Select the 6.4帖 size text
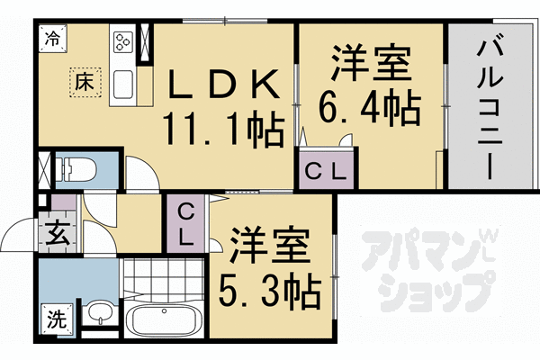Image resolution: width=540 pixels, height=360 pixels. tap(371, 108)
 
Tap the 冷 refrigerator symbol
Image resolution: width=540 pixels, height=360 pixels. tap(53, 39)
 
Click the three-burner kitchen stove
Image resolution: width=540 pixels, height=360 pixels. tap(122, 40)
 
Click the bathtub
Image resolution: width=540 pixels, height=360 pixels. tap(163, 320)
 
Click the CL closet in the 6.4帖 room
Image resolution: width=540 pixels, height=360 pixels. tap(327, 170)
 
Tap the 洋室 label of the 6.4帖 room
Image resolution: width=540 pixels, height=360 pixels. tap(370, 66)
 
